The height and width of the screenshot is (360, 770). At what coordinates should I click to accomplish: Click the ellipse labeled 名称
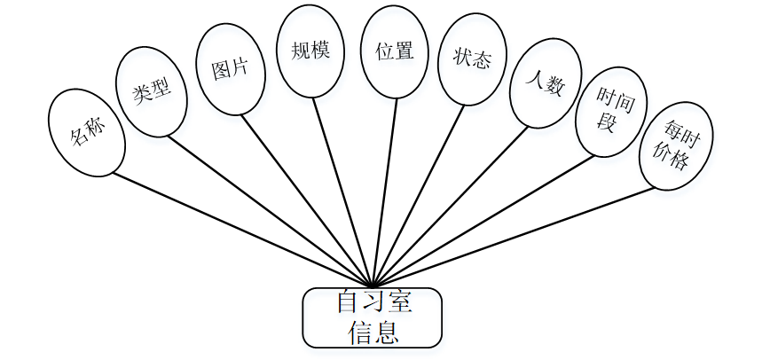click(87, 131)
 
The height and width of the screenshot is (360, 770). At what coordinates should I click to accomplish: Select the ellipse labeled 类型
click(152, 92)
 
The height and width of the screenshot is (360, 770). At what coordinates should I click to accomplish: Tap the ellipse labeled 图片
click(231, 69)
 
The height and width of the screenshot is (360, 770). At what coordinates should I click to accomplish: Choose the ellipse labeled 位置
click(395, 51)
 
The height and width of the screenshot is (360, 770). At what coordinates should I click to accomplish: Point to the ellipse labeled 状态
click(472, 59)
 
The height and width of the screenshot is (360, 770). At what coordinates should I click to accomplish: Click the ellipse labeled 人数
click(545, 86)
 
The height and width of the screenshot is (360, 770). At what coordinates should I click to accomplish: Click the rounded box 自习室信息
click(372, 317)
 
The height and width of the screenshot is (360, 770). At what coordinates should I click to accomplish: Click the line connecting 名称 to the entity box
click(240, 227)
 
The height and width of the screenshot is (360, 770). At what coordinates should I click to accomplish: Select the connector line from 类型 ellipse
click(266, 209)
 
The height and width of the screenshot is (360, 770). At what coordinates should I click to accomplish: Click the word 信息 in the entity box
click(372, 332)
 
